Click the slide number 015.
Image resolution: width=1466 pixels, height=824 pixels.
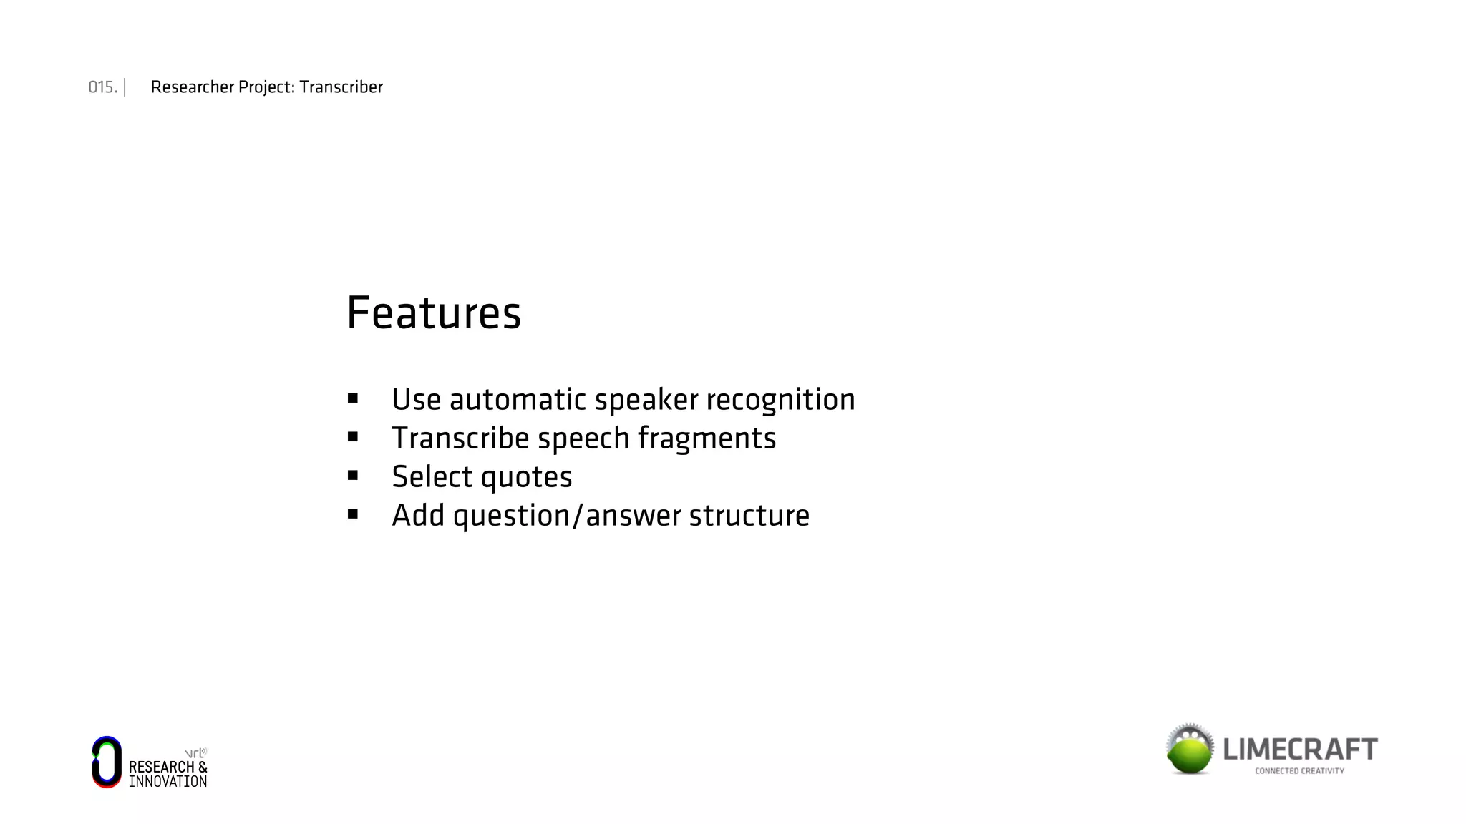click(x=102, y=87)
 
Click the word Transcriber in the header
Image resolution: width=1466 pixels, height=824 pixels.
click(x=341, y=87)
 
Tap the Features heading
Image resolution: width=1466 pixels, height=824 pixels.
click(x=434, y=313)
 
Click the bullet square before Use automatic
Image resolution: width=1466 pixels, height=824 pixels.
click(x=353, y=398)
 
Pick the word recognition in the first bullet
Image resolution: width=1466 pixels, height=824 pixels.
click(x=780, y=400)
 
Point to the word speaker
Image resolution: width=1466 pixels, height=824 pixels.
click(x=646, y=400)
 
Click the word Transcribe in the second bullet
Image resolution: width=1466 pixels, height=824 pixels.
click(x=460, y=438)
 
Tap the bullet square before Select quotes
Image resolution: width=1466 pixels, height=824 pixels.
click(x=353, y=476)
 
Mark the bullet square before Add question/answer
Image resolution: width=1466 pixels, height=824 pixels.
click(x=353, y=514)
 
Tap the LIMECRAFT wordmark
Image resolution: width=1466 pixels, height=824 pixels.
click(x=1300, y=749)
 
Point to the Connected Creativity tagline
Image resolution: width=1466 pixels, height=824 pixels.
click(x=1299, y=771)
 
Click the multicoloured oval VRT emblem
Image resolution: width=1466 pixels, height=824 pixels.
click(x=107, y=762)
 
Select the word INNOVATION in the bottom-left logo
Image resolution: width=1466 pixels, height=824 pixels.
click(x=168, y=782)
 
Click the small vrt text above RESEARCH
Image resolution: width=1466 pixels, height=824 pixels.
click(x=195, y=753)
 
